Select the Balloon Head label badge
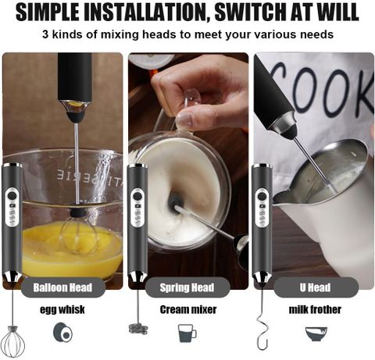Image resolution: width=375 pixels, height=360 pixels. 63,287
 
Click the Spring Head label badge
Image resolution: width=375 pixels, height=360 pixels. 187,287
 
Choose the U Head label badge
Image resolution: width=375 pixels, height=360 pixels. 316,287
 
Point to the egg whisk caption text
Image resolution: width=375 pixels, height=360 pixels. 62,309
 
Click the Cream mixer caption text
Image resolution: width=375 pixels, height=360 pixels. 188,309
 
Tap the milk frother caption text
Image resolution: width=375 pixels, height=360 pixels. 315,309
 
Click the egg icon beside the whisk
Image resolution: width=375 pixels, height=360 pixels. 63,333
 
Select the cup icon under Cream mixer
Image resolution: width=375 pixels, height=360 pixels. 187,333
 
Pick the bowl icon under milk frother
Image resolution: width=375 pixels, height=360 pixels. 316,334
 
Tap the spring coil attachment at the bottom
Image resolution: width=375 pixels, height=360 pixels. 138,329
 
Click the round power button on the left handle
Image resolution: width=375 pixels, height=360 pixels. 12,195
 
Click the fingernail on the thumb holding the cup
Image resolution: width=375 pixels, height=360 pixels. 184,119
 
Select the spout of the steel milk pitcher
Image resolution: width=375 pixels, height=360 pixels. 280,197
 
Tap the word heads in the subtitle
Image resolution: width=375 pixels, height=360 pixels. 159,34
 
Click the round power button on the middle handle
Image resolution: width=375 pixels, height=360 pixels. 137,195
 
